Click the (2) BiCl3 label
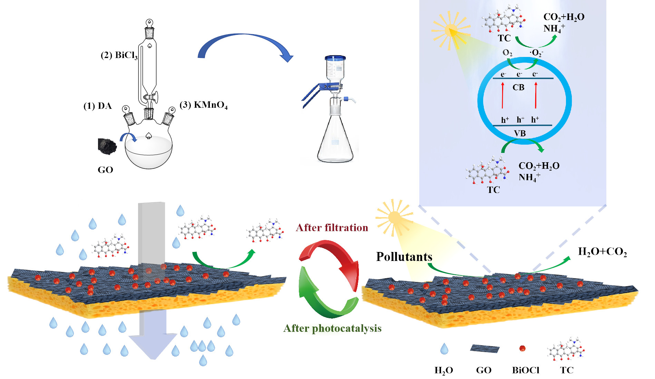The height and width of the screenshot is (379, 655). point(119,55)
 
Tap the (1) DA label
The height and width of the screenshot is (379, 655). point(98,106)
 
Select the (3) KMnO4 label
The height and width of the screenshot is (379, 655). point(204,105)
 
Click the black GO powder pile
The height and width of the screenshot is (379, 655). point(107,146)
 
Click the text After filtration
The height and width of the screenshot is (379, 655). point(332,228)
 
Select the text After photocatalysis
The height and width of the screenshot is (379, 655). point(332,328)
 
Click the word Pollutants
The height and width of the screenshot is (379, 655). point(404,257)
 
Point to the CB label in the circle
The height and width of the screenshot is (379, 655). point(518,88)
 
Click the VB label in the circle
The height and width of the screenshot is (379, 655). point(520,133)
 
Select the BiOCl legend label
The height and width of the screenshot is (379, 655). point(526,370)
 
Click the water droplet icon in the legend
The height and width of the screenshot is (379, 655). point(444,349)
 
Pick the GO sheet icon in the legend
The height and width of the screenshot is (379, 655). point(485,349)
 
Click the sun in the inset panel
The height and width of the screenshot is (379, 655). point(450,30)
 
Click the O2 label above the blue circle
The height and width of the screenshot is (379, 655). point(507,53)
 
